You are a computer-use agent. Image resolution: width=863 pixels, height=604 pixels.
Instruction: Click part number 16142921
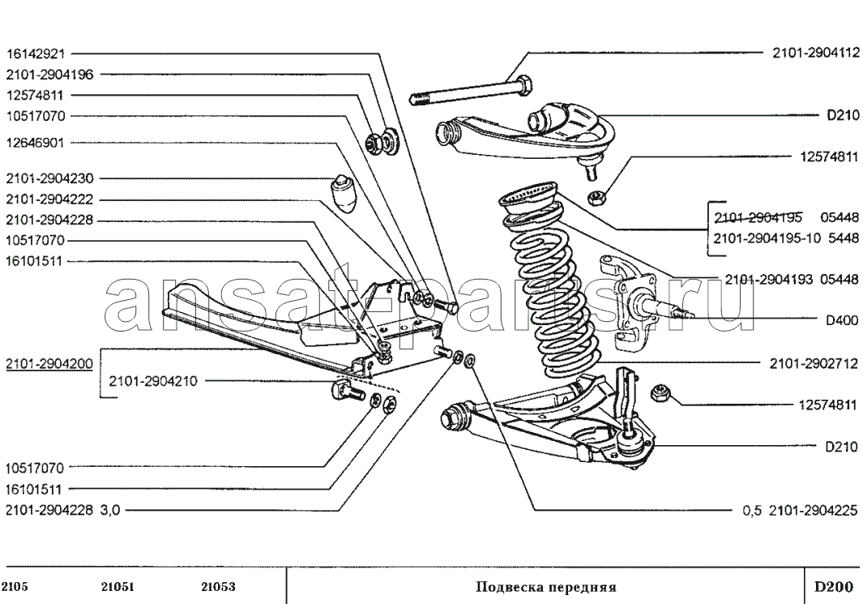pos(36,54)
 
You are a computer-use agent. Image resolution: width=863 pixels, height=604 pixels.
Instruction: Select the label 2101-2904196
pos(50,75)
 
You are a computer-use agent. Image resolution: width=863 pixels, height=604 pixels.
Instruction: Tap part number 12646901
pos(36,144)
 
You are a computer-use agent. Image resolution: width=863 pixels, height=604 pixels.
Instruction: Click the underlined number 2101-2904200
pos(49,364)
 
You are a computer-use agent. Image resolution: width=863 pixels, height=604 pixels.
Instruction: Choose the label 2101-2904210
pos(153,381)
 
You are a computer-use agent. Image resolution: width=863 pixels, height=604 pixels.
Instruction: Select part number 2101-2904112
pos(816,53)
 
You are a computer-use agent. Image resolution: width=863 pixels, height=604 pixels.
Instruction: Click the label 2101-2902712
pos(814,364)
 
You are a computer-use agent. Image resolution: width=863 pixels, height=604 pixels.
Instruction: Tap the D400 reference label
pos(842,320)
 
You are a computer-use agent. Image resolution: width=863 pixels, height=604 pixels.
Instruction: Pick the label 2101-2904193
pos(769,280)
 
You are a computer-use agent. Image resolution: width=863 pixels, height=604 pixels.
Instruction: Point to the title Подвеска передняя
pos(546,587)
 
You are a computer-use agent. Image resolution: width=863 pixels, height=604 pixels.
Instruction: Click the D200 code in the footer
pos(834,586)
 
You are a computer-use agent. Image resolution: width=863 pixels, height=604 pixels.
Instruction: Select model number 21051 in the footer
pos(117,587)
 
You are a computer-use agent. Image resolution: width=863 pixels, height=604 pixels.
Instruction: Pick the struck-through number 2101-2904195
pos(758,217)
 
